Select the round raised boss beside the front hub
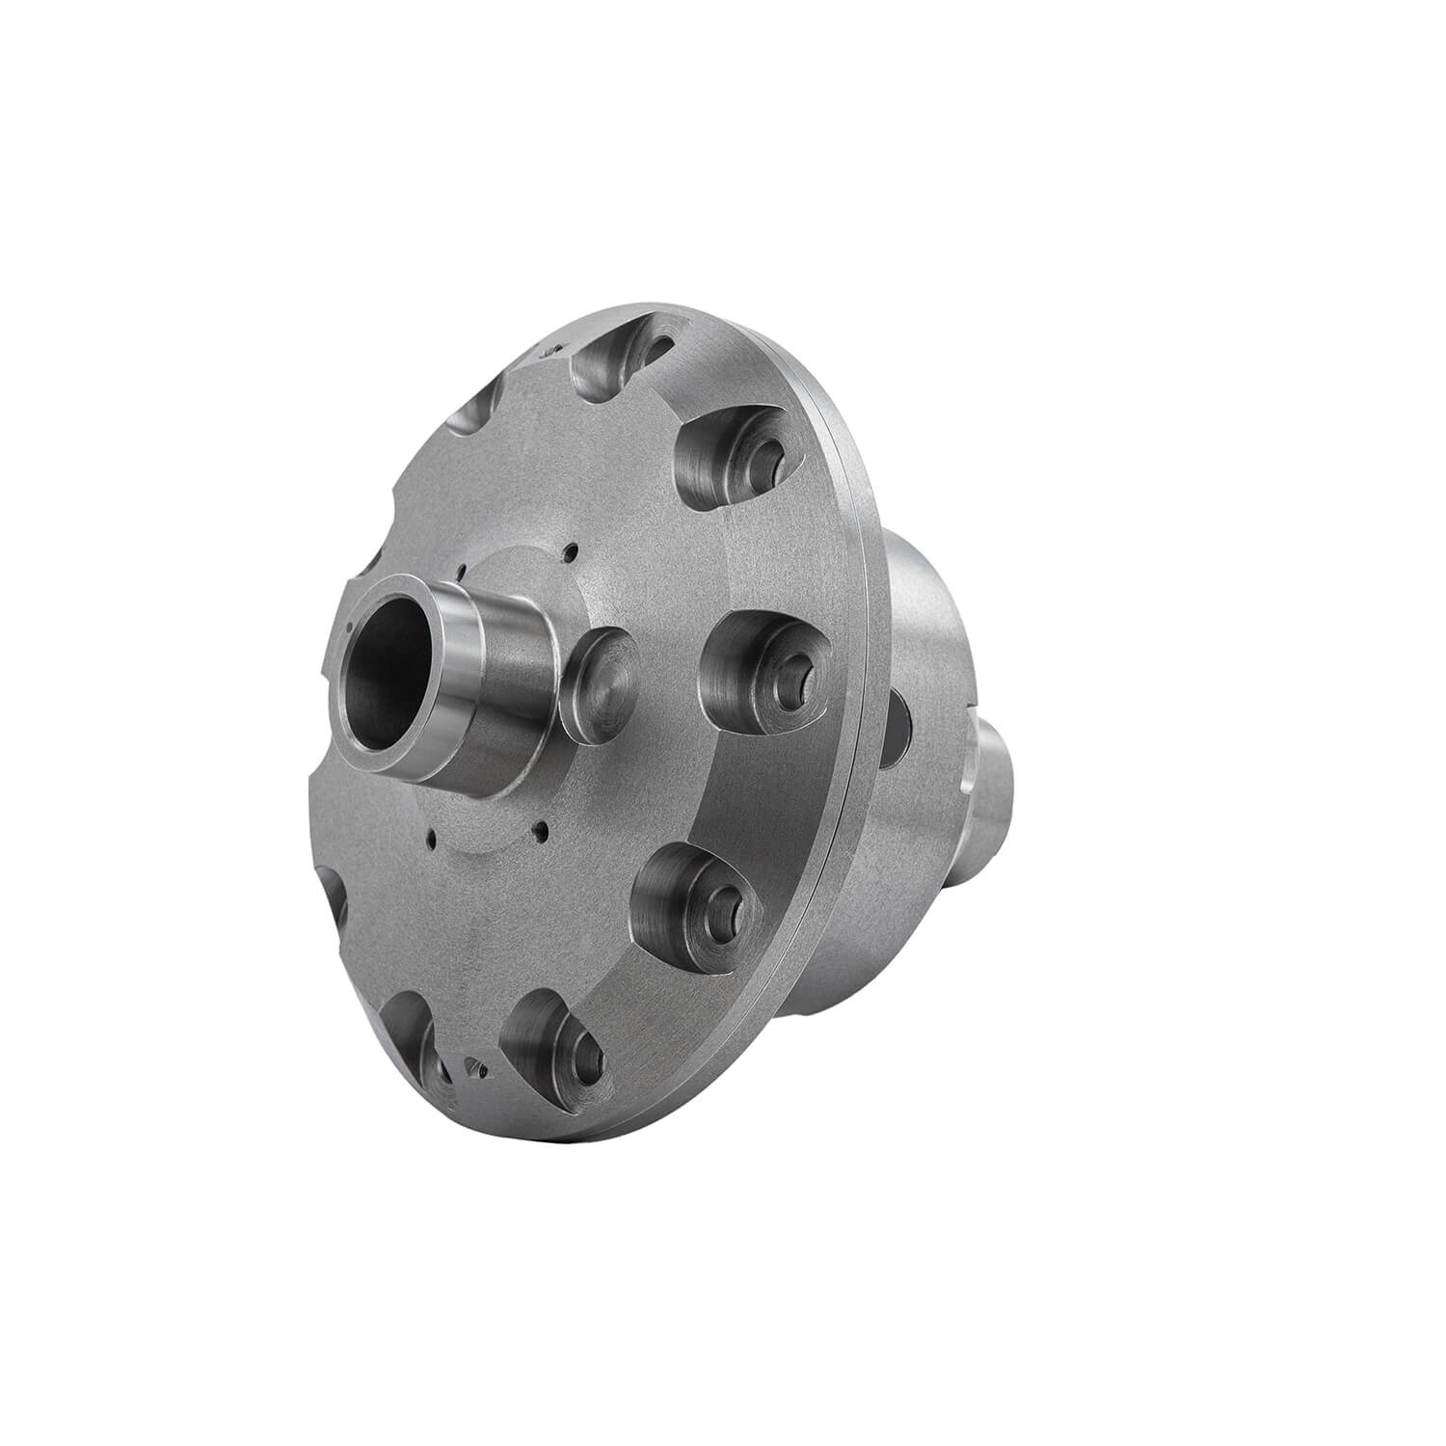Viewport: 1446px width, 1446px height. point(600,687)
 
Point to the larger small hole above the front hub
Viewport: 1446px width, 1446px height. point(573,552)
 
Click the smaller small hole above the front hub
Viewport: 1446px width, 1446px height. point(464,569)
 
